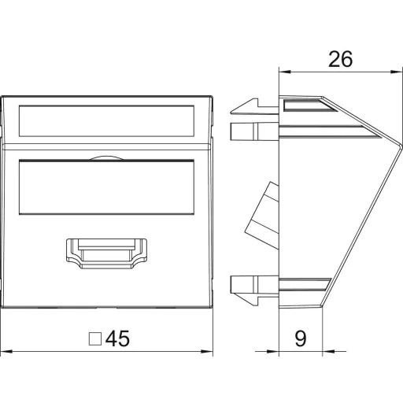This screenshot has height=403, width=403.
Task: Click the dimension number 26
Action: [x=340, y=59]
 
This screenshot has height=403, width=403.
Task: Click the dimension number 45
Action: [x=117, y=338]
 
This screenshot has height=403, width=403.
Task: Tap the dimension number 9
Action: [x=301, y=338]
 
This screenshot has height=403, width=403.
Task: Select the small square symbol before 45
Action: [x=95, y=339]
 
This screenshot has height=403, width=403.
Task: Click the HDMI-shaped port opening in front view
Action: [x=106, y=253]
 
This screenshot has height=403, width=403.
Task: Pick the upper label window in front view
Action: [x=106, y=121]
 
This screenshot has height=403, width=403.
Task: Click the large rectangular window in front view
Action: [x=106, y=187]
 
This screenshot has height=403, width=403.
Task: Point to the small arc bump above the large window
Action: [x=106, y=158]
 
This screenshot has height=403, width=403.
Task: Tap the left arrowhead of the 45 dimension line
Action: [x=6, y=351]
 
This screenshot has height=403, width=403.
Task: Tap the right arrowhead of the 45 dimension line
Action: [x=207, y=351]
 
